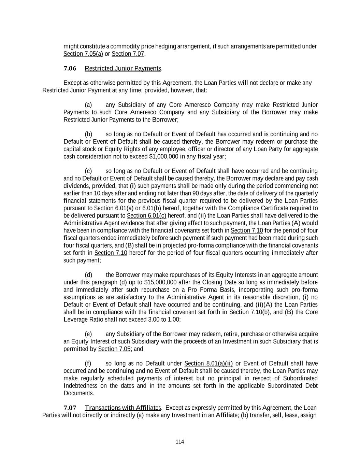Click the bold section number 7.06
coord(70,68)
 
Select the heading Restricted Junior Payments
coord(123,68)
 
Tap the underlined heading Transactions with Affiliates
coord(123,408)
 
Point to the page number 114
coord(180,442)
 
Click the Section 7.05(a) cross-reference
coord(83,54)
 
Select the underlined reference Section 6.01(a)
coord(114,208)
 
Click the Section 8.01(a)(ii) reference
coord(208,363)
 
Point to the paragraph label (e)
coord(88,334)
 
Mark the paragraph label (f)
coord(88,363)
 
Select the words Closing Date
coord(218,282)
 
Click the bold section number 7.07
coord(70,408)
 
